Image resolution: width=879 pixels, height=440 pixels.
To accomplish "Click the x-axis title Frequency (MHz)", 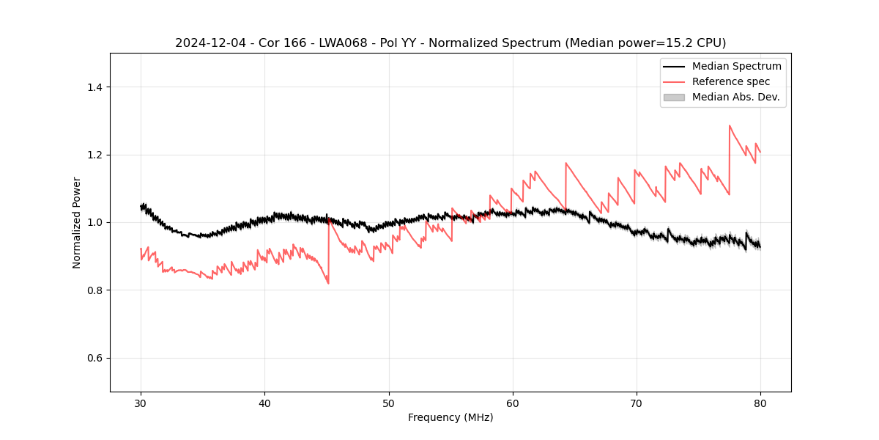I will tap(450, 417).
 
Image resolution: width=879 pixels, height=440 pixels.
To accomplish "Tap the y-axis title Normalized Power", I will tap(77, 222).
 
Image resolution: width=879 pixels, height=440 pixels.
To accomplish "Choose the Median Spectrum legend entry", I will tap(736, 66).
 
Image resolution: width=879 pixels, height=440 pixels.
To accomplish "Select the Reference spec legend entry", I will tap(730, 81).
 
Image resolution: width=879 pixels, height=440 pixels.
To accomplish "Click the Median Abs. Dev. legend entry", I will tap(735, 97).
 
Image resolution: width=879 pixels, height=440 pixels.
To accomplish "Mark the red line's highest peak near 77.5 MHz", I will tap(730, 125).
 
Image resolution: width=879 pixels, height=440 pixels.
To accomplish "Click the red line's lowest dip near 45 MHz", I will tap(328, 283).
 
